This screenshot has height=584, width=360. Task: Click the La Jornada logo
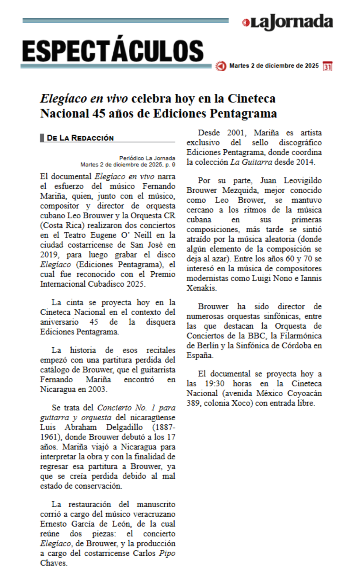(288, 22)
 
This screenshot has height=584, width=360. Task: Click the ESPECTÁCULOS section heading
(113, 51)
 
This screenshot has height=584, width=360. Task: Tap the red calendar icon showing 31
(327, 66)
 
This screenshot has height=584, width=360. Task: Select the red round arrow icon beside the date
(221, 66)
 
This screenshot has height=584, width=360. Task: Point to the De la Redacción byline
(80, 138)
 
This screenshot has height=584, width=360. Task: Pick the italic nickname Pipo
(167, 553)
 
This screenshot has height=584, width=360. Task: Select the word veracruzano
(154, 514)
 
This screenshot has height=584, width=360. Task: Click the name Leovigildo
(302, 180)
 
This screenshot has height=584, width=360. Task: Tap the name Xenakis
(201, 288)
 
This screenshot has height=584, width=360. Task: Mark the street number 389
(193, 403)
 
